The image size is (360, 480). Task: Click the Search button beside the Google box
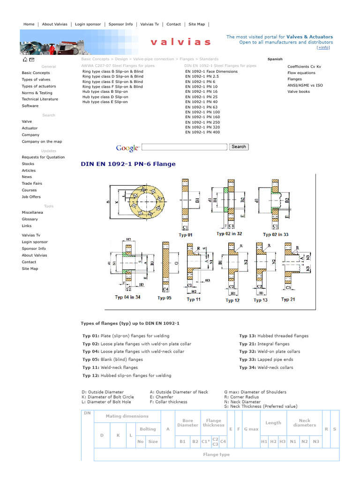pos(239,147)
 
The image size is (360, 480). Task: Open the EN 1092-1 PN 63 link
pos(201,107)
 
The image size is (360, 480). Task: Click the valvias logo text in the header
pos(180,42)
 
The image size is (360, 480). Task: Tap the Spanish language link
pos(275,59)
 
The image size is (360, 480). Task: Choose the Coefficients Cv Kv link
pos(304,67)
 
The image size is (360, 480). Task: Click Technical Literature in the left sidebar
pos(40,99)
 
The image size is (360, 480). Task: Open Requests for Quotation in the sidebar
pos(43,157)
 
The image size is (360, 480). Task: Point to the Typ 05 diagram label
pos(165,298)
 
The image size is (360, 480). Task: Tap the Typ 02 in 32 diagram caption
pos(229,233)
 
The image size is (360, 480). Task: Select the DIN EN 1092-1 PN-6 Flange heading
pos(128,164)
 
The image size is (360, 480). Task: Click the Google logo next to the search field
pos(127,148)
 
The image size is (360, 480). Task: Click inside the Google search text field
pos(184,147)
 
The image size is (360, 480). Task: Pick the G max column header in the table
pos(251,429)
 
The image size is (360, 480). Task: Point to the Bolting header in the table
pos(148,429)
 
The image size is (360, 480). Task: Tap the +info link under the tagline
pos(323,47)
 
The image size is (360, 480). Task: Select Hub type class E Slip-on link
pos(105,102)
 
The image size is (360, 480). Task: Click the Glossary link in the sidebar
pos(30,219)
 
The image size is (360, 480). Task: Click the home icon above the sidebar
pos(24,60)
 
